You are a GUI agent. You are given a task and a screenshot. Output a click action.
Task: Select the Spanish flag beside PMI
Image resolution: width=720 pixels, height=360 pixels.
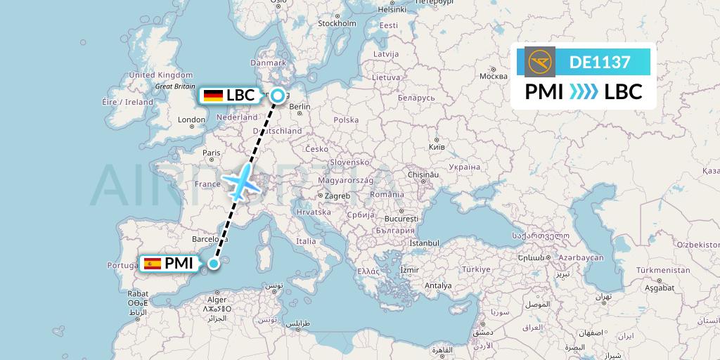151,264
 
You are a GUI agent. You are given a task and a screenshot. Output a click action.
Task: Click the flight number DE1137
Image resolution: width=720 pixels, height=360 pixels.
599,62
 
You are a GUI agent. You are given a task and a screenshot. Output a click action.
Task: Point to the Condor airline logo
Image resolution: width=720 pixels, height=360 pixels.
539,62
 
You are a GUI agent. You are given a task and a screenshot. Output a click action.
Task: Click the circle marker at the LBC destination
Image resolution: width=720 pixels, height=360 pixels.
278,96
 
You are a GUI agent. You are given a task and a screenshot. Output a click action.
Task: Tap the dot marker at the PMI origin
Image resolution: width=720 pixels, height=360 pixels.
213,264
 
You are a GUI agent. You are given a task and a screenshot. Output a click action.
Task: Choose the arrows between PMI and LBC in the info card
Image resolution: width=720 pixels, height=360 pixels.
583,91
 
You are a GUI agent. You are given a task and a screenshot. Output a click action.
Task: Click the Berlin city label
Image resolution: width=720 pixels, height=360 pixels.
300,107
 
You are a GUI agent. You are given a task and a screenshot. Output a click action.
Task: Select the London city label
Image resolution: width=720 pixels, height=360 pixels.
192,120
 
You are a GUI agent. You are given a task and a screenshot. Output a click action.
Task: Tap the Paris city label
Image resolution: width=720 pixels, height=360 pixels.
212,153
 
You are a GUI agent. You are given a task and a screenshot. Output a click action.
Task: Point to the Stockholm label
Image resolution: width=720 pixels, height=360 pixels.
338,23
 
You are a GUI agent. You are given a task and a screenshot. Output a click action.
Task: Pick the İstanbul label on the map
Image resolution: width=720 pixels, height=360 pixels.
424,243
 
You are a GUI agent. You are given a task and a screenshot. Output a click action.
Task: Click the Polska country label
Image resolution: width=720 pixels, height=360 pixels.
346,120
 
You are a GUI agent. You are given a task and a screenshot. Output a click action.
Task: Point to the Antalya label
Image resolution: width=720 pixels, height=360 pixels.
438,285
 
